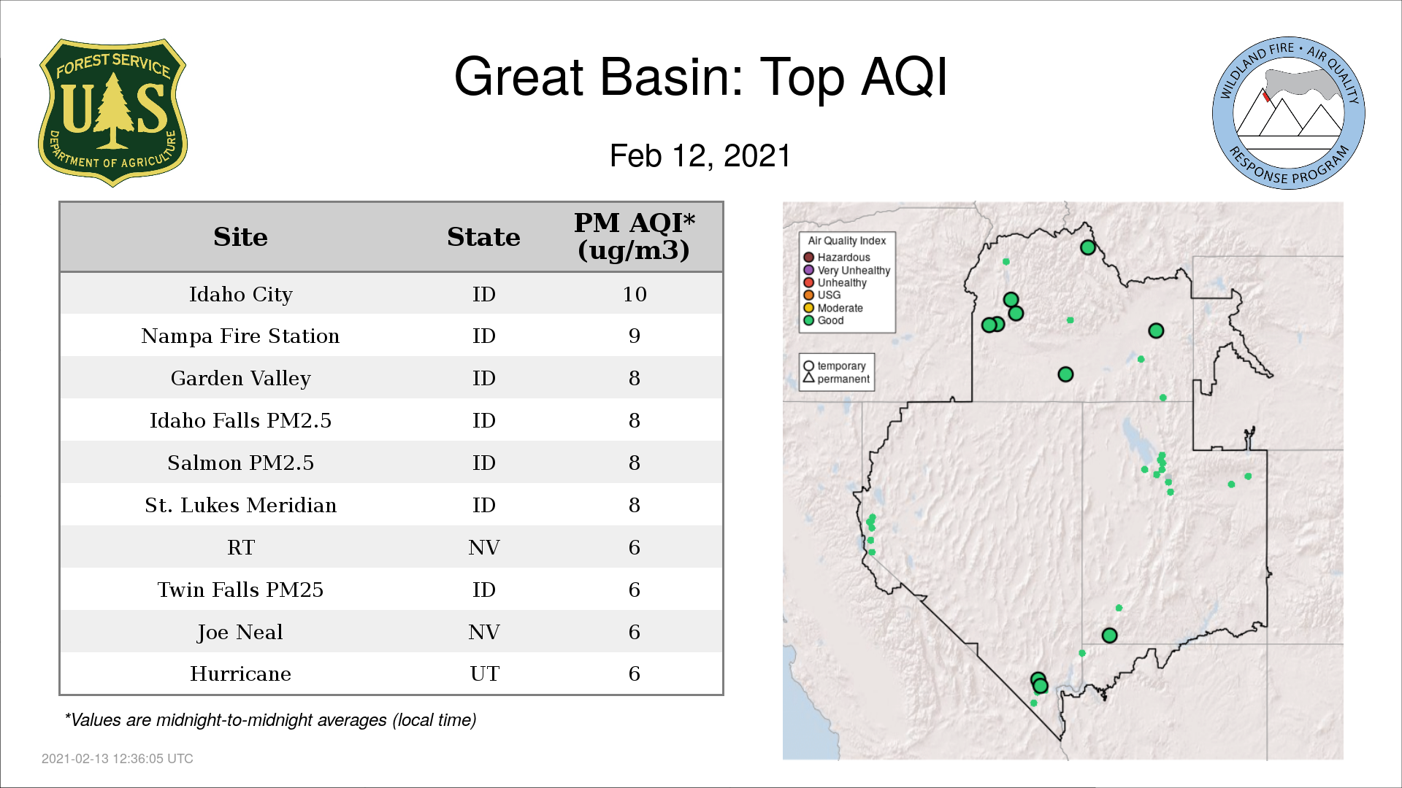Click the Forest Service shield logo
tap(112, 113)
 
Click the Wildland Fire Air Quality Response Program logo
tap(1288, 113)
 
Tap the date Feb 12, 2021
tap(700, 156)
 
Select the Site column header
tap(240, 237)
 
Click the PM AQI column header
tap(634, 236)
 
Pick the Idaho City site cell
tap(240, 294)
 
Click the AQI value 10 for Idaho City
tap(635, 294)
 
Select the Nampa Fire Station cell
tap(240, 336)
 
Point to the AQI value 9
tap(635, 336)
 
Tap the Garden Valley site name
tap(240, 378)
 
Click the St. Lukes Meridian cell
tap(240, 505)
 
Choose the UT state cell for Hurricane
tap(484, 673)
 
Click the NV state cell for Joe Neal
tap(484, 632)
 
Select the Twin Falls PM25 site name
tap(240, 590)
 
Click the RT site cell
tap(240, 547)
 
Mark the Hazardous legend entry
tap(837, 258)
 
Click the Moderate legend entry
tap(833, 308)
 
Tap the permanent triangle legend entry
tap(836, 379)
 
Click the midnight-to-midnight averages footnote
tap(271, 720)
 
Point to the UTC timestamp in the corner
tap(118, 759)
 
